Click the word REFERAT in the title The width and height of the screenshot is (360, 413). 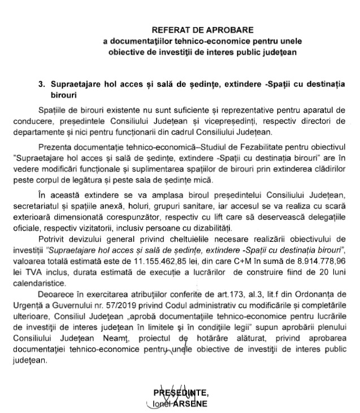[171, 29]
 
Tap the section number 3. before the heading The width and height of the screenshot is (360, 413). [41, 83]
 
